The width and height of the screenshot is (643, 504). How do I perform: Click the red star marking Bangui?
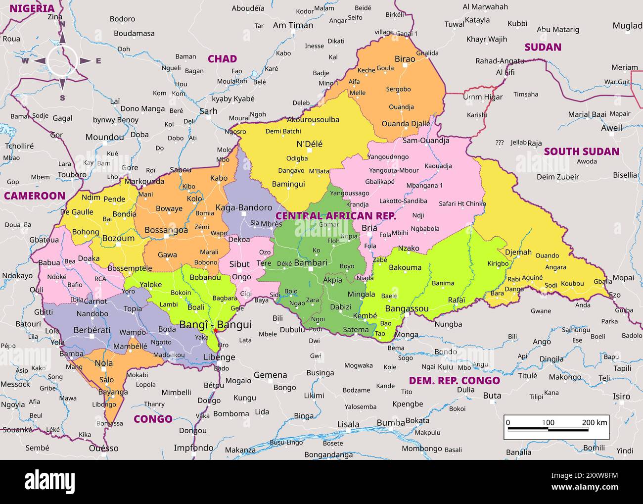(216, 331)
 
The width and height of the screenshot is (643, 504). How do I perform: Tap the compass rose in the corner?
(62, 61)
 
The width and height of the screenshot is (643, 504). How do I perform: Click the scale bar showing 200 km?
(556, 427)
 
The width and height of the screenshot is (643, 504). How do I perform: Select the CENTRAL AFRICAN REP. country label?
(336, 216)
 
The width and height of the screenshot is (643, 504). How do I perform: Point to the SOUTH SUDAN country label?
(581, 151)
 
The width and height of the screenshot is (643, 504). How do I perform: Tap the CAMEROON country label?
(35, 196)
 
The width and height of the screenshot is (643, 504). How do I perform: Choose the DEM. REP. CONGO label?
(454, 380)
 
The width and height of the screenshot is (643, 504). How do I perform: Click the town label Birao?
(405, 59)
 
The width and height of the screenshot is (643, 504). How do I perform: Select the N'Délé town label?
(309, 144)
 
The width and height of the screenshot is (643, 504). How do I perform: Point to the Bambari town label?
(311, 262)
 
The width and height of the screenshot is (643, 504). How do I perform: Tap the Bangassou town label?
(407, 308)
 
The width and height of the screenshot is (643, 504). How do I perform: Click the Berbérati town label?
(92, 330)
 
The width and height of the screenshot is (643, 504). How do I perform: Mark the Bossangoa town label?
(166, 230)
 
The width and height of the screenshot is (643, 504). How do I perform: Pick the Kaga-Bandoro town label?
(244, 207)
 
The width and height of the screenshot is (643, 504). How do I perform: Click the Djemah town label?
(518, 252)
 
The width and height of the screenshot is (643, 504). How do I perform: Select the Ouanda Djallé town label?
(406, 124)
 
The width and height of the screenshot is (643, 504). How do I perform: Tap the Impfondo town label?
(193, 448)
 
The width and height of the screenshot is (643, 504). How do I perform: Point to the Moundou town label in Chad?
(104, 137)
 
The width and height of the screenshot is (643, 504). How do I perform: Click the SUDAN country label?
(543, 47)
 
